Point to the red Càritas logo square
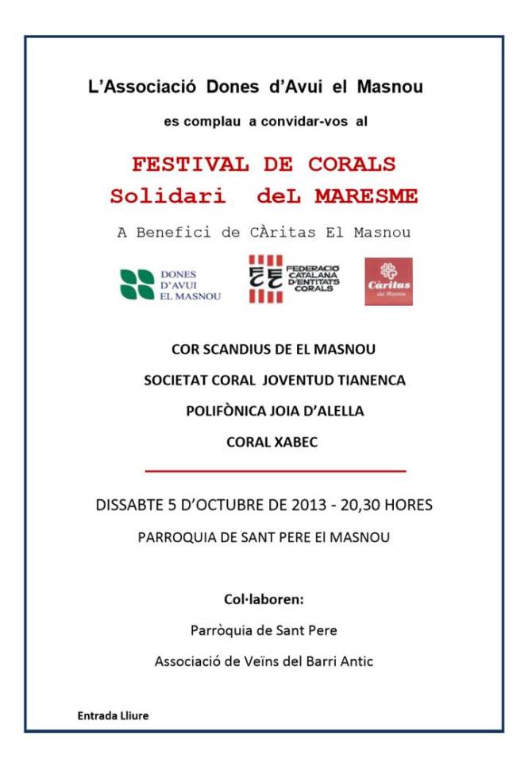388,281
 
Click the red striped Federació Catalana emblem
266,279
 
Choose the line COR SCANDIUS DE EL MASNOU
274,349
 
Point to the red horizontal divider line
274,471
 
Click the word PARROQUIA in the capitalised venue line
172,537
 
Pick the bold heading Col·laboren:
264,599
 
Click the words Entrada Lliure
113,715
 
